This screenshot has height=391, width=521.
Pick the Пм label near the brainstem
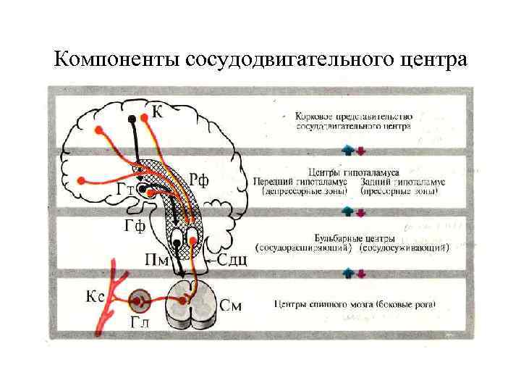(158, 260)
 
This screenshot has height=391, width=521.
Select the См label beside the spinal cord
(231, 306)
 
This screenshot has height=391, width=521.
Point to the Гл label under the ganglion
(139, 324)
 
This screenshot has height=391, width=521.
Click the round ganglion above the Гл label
(139, 299)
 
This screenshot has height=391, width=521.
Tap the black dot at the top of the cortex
(132, 118)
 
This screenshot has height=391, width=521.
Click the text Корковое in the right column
(317, 116)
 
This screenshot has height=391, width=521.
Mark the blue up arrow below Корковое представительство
(349, 151)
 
